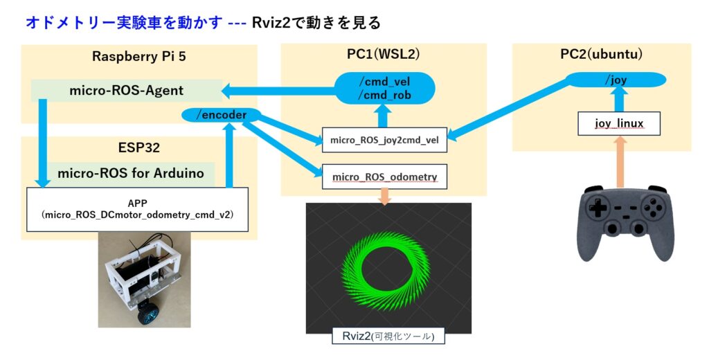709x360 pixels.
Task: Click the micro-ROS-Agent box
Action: point(127,91)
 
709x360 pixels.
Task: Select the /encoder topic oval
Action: point(221,115)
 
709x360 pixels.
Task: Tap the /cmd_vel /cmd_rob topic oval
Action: point(384,88)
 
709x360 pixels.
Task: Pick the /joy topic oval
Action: point(616,80)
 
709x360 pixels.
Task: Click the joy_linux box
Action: point(619,123)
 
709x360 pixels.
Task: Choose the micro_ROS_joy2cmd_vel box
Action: point(384,140)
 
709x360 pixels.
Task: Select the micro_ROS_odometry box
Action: point(384,177)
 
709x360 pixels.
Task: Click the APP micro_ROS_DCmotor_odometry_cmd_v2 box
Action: point(138,209)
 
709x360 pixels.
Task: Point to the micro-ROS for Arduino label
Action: point(131,173)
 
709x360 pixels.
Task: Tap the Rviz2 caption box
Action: point(388,336)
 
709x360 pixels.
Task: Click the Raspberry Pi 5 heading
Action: point(138,56)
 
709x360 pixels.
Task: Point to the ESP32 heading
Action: point(138,148)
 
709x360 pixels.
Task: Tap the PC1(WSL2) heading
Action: point(384,54)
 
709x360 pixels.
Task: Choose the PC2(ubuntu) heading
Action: point(602,54)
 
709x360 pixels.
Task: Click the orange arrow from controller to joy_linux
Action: point(621,161)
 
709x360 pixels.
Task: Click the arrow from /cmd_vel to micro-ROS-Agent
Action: point(278,91)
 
